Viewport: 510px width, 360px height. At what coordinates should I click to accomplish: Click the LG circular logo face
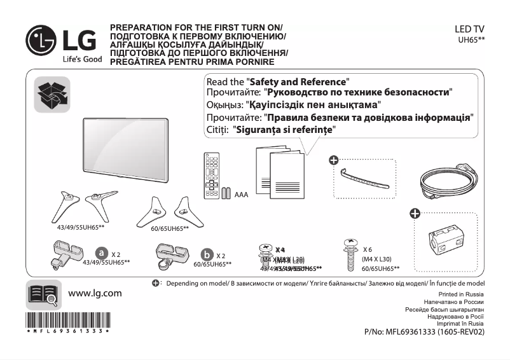coord(41,40)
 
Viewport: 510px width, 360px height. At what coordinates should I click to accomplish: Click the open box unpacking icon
coord(52,95)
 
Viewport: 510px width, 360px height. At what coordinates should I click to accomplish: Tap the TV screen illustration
coord(127,146)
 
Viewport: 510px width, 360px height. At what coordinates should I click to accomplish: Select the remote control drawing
coord(211,175)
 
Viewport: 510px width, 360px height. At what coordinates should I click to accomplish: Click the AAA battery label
coord(241,194)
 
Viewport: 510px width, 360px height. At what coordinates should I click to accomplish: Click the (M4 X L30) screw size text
coord(377,259)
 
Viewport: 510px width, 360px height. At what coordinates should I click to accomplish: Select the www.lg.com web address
coord(94,293)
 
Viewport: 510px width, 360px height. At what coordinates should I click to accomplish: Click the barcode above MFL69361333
coord(67,319)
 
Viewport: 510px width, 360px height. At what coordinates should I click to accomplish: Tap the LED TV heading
coord(470,29)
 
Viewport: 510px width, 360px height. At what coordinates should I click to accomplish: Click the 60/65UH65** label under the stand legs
coord(170,228)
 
